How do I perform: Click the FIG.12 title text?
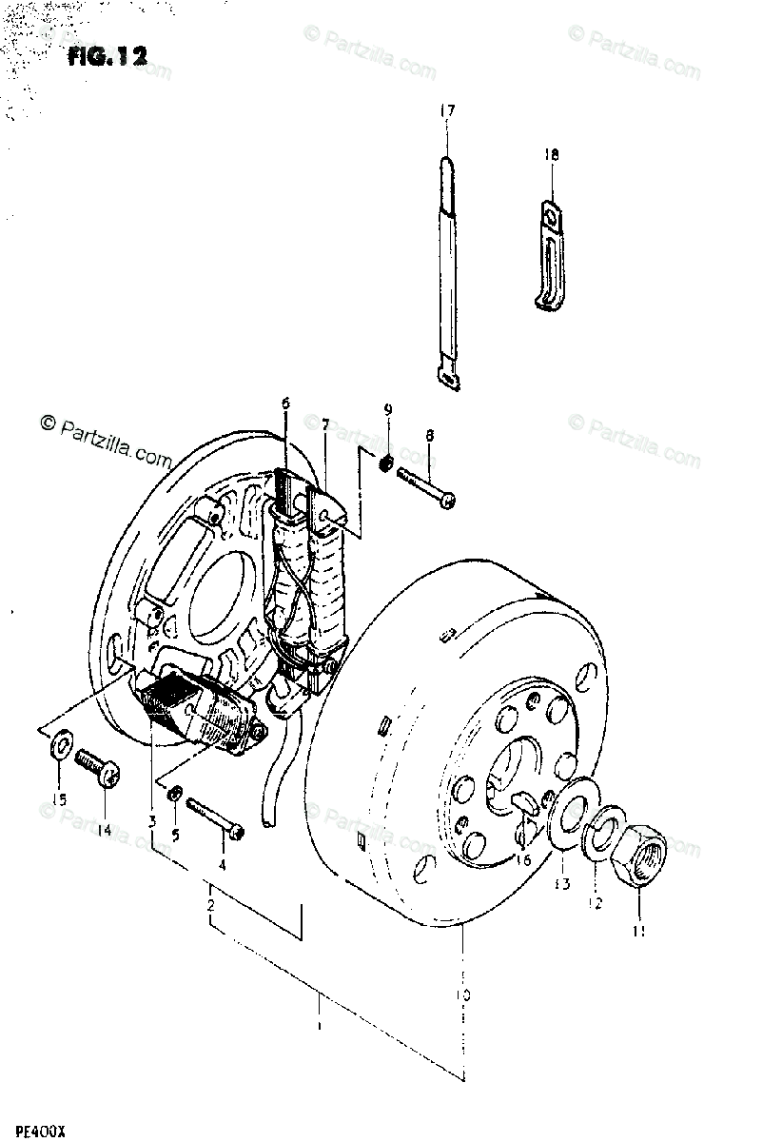(x=107, y=57)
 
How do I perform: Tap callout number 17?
(x=447, y=111)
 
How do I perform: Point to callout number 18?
(x=552, y=154)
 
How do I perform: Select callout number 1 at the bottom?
(x=320, y=1028)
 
